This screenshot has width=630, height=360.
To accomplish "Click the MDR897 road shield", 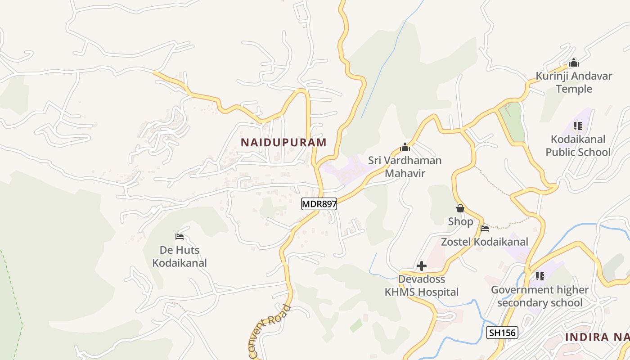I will click(x=319, y=204).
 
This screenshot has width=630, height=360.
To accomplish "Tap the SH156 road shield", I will click(x=503, y=333).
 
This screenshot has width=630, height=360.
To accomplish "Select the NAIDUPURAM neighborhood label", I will click(x=283, y=143).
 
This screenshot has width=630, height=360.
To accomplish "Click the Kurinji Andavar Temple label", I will click(x=574, y=82).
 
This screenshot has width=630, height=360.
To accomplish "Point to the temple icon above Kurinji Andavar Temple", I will click(x=574, y=63).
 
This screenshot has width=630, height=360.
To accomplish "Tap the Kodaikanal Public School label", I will click(x=578, y=145).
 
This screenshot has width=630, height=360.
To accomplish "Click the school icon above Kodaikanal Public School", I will click(x=578, y=126).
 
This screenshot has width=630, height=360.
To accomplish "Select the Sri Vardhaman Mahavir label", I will click(x=405, y=166).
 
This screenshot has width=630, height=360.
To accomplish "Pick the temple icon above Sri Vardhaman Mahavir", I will click(x=405, y=147).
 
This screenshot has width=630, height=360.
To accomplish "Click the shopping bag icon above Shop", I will click(x=460, y=208).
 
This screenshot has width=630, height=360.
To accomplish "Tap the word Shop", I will click(x=460, y=221).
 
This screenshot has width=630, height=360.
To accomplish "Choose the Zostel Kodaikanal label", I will click(x=485, y=242).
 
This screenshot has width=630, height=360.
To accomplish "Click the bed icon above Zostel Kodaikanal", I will click(x=485, y=229).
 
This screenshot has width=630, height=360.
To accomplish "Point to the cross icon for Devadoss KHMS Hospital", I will click(x=422, y=266).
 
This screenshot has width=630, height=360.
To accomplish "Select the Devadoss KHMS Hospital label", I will click(x=422, y=286).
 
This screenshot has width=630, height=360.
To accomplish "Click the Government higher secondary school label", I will click(x=540, y=296).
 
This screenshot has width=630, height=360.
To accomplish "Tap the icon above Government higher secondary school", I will click(x=540, y=276).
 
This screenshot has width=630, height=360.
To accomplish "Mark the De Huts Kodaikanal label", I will click(x=180, y=256).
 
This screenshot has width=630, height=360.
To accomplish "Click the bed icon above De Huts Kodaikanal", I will click(x=180, y=236).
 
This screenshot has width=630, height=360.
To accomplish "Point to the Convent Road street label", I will click(x=270, y=332).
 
